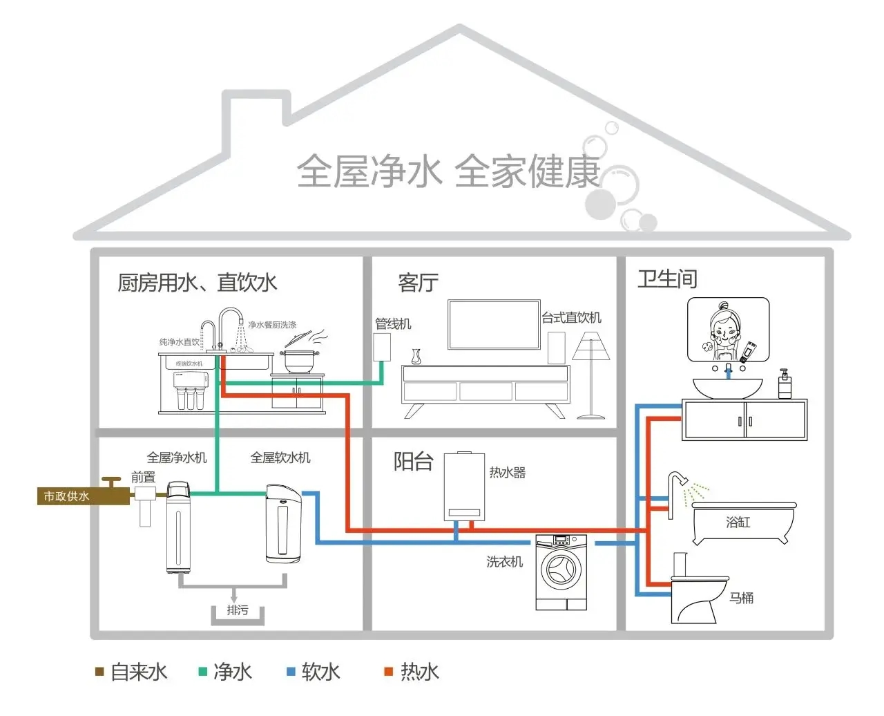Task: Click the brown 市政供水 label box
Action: click(66, 496)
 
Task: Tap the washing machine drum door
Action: click(561, 571)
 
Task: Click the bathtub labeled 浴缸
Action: click(742, 523)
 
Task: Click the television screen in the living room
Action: click(493, 323)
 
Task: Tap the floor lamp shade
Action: click(590, 346)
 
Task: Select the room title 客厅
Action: click(418, 283)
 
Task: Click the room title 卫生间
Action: click(666, 279)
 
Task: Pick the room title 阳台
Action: click(413, 461)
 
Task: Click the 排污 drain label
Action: click(237, 610)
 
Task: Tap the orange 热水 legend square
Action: click(389, 672)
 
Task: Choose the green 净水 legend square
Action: click(203, 672)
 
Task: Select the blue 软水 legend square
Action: click(291, 672)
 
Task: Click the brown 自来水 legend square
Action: click(99, 672)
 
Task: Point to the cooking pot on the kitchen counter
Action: click(300, 361)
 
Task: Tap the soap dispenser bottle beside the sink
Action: click(785, 385)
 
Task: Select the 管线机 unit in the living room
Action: click(382, 346)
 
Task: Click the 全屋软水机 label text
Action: click(280, 458)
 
